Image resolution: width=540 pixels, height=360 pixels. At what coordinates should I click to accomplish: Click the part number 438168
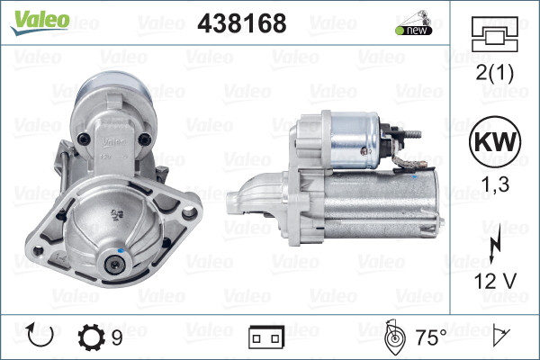(241, 23)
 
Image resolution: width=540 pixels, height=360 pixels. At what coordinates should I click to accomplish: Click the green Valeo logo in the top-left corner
(39, 20)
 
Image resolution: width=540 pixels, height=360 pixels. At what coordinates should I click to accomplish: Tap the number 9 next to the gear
(118, 337)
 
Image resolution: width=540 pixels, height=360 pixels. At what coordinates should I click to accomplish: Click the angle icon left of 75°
(393, 337)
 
